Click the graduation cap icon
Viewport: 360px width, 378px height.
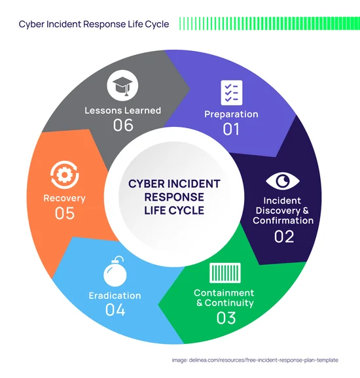[x=122, y=85]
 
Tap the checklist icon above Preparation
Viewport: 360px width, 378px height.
[x=232, y=93]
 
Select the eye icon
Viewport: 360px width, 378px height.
[x=283, y=180]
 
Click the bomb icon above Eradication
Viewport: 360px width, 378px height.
[x=115, y=271]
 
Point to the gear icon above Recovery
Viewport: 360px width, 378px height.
[x=65, y=175]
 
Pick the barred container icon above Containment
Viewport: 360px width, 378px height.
[x=225, y=273]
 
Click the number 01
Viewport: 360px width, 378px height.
[x=231, y=129]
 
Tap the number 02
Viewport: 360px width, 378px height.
[x=284, y=237]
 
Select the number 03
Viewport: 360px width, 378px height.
[x=226, y=318]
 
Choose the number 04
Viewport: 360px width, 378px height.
[x=115, y=310]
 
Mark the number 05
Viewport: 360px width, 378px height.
[x=65, y=213]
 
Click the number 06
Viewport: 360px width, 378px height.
[x=123, y=125]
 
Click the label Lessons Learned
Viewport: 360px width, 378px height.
[x=123, y=111]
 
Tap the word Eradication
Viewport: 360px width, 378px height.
[x=115, y=296]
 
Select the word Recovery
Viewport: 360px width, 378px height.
[x=64, y=198]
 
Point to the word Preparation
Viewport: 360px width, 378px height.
[x=231, y=114]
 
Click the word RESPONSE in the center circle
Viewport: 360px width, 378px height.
[x=174, y=197]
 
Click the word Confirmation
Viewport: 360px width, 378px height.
[x=283, y=220]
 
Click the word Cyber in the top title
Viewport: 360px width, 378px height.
[x=31, y=24]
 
